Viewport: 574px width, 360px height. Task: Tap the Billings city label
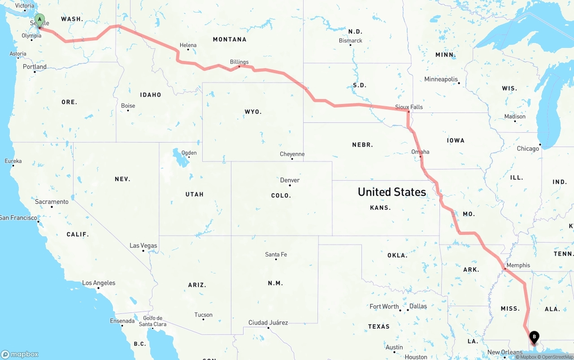[x=239, y=62]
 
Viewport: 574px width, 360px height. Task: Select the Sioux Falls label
[x=409, y=107]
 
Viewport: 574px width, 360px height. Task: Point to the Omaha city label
[x=420, y=152]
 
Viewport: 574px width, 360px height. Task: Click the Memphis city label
[x=518, y=265]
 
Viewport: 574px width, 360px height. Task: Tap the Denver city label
[x=290, y=180]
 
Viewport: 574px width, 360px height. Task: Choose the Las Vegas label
[x=143, y=245]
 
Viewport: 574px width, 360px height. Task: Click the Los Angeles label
[x=99, y=283]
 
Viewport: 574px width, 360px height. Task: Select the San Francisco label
[x=19, y=217]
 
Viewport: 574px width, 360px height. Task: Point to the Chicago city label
[x=528, y=148]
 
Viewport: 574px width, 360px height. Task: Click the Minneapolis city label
[x=441, y=79]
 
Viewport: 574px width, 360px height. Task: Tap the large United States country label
[x=391, y=192]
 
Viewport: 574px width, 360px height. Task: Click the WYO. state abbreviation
[x=253, y=112]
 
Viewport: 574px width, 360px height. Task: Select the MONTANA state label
[x=230, y=39]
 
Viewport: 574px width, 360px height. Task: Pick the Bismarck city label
[x=350, y=40]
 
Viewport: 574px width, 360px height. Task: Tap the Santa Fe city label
[x=276, y=254]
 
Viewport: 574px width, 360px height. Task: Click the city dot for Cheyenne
[x=292, y=159]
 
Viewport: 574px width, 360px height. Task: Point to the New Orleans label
[x=505, y=352]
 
